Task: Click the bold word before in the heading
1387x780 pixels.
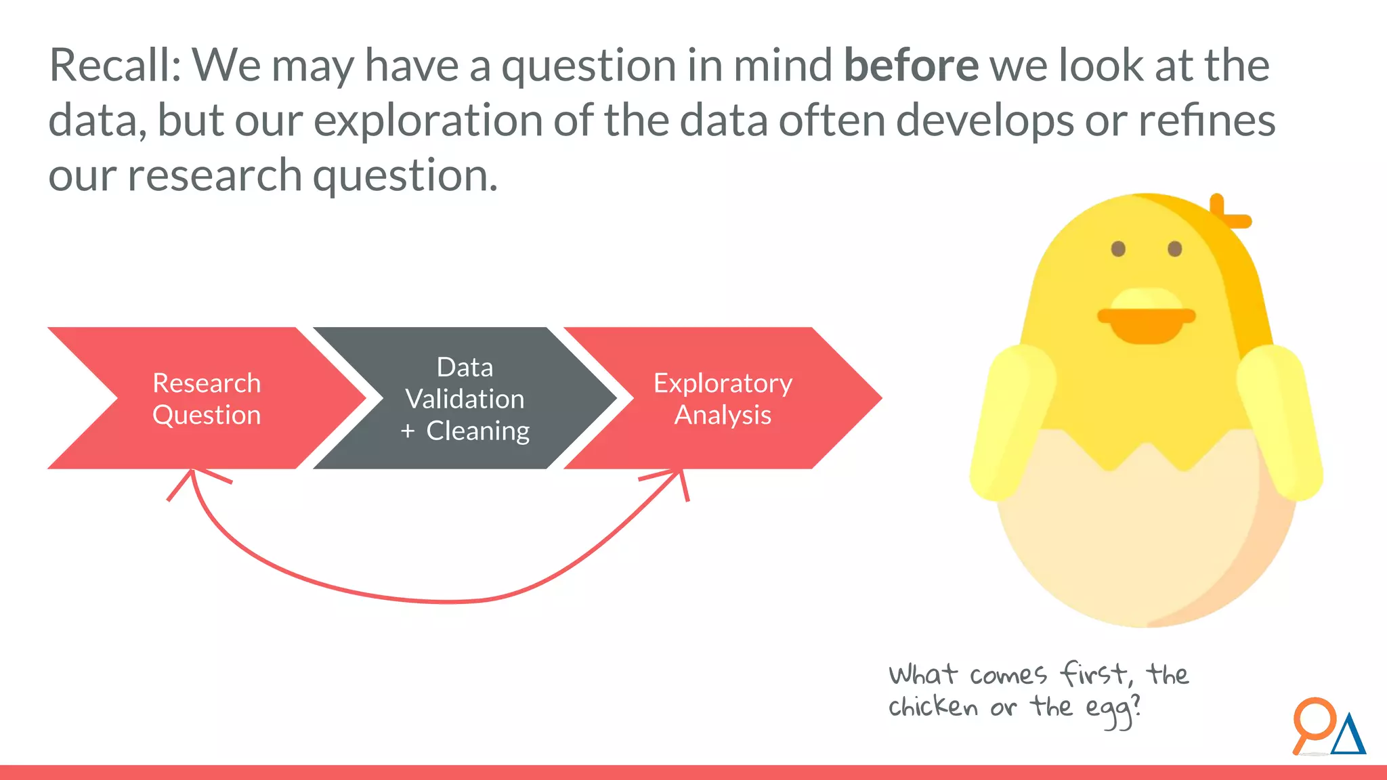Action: [x=911, y=66]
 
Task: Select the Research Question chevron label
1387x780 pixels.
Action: [x=207, y=399]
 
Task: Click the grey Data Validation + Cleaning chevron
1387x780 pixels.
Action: [x=465, y=399]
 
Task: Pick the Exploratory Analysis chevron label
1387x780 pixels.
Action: [x=723, y=399]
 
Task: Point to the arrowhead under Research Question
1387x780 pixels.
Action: [x=194, y=477]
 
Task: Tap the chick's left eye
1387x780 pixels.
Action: [x=1118, y=249]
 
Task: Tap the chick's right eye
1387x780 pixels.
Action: [x=1175, y=249]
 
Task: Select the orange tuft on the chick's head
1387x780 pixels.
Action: [x=1227, y=213]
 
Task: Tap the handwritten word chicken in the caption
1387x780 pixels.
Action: [x=933, y=707]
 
